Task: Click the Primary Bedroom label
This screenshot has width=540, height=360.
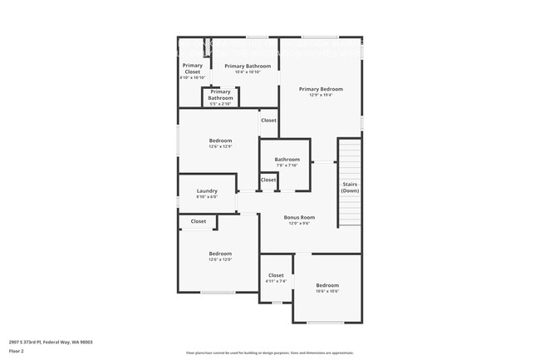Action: [x=321, y=89]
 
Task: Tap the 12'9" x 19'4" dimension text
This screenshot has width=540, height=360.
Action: [x=321, y=95]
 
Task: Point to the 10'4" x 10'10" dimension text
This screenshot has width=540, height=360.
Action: [x=248, y=72]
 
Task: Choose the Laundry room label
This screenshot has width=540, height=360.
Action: [x=207, y=190]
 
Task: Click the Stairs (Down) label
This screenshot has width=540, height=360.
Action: [x=350, y=187]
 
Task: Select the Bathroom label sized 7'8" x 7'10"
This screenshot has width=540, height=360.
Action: [x=287, y=159]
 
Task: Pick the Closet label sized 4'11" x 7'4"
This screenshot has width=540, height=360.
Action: [x=276, y=275]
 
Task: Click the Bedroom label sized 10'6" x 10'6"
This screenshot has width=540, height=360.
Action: [x=327, y=285]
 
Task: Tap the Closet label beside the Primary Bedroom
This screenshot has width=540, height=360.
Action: [x=268, y=121]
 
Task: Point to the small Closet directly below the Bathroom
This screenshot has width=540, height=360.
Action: [x=268, y=180]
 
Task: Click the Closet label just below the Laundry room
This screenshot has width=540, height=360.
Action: [x=199, y=221]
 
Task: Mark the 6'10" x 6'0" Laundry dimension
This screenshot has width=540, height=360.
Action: [x=207, y=197]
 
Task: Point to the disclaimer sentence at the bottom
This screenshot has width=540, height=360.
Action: [x=269, y=353]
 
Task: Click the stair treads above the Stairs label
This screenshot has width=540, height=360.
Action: [x=350, y=158]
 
